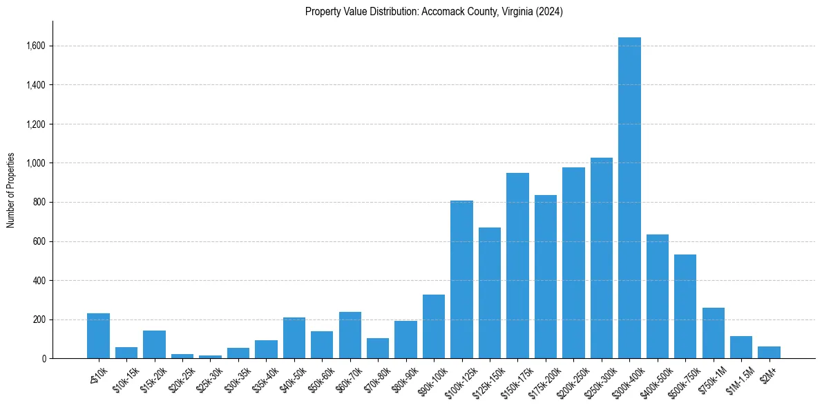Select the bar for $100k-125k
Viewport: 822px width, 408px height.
[461, 279]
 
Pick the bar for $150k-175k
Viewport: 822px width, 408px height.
[517, 266]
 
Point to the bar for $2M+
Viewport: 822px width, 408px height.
[769, 353]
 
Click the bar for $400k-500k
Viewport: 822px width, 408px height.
[657, 297]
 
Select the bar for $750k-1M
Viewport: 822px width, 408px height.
[713, 333]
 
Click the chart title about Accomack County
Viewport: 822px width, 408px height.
[434, 12]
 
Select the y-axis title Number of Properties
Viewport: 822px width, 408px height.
[11, 190]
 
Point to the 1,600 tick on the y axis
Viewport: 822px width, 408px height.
[35, 46]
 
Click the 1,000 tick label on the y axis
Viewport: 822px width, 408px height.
[35, 163]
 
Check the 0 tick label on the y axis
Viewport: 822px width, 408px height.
[44, 359]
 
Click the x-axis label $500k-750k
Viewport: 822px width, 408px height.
[680, 379]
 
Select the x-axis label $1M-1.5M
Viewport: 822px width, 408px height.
[738, 379]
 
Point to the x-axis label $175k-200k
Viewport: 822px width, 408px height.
[542, 379]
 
